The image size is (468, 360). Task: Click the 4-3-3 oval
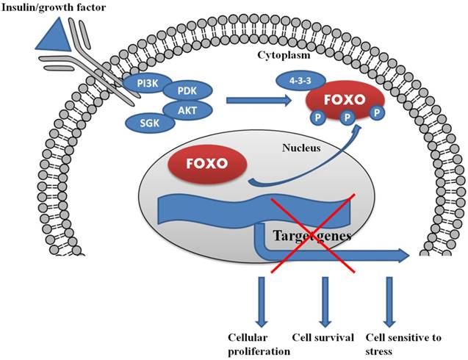300,80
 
